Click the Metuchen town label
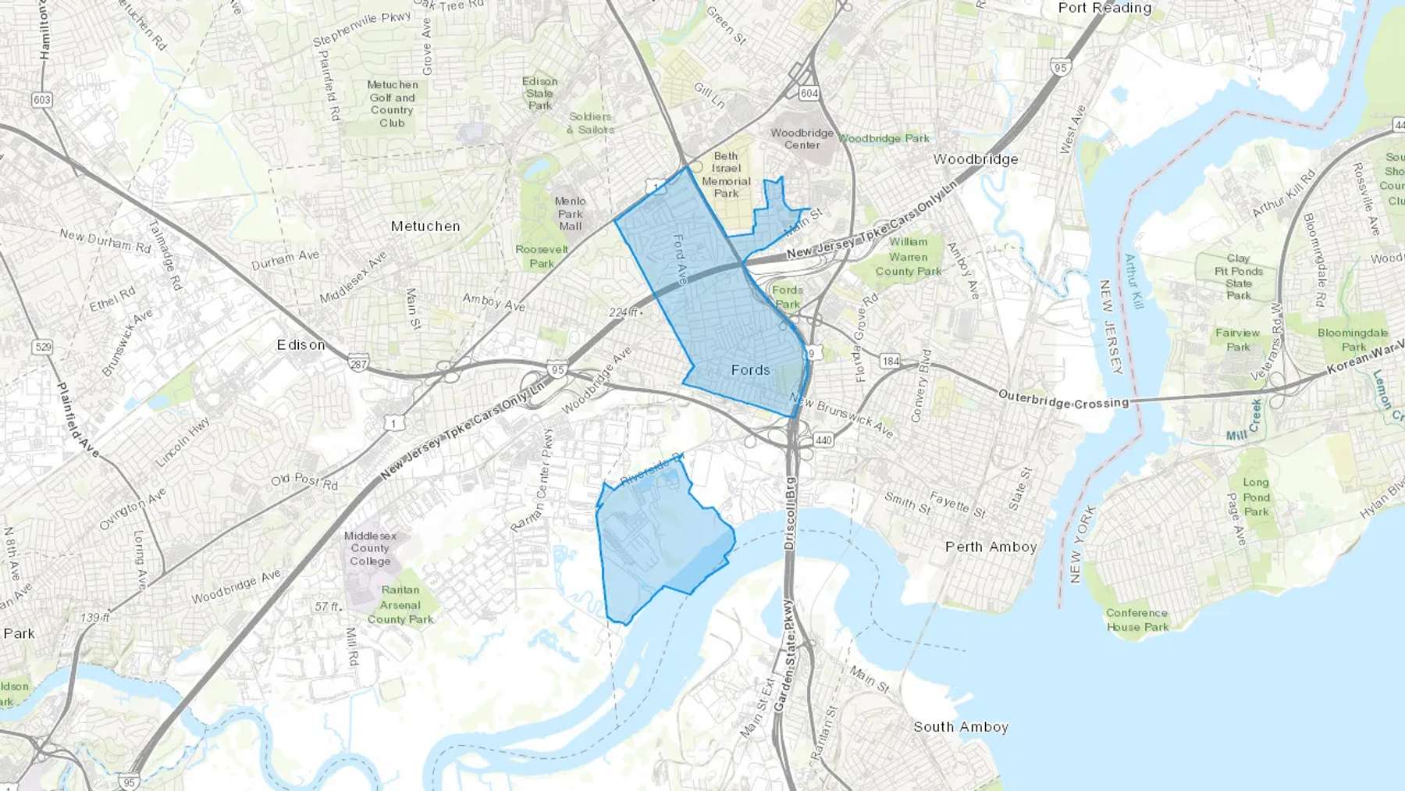pos(425,226)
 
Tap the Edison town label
pos(301,344)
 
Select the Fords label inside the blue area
pos(750,370)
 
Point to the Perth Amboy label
pos(991,547)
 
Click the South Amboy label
pos(961,727)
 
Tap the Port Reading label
pos(1104,8)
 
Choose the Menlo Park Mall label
pos(570,213)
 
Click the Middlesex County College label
pos(370,548)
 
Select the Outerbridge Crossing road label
pos(1063,400)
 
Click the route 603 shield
pos(41,100)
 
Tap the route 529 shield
pos(44,347)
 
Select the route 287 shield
pos(358,365)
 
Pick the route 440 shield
pos(823,440)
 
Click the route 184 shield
pos(890,361)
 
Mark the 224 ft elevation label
pos(624,312)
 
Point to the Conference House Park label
pos(1136,620)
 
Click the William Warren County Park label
pos(908,257)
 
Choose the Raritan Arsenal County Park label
pos(400,604)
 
